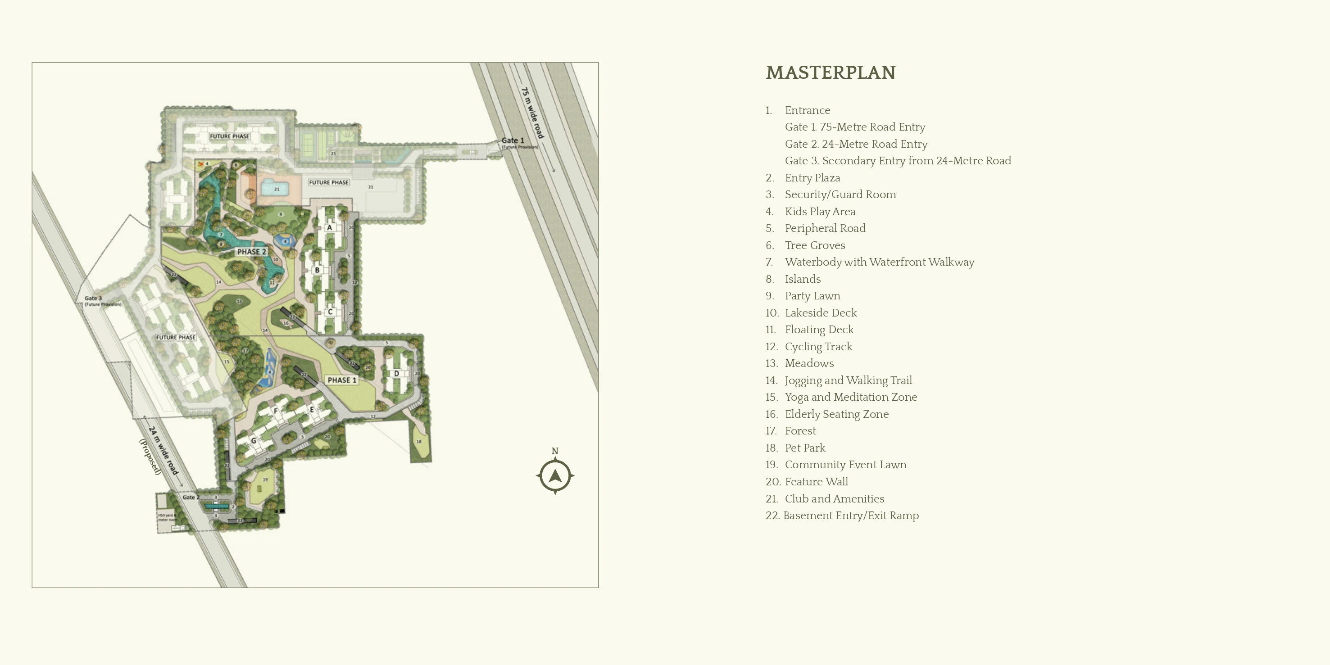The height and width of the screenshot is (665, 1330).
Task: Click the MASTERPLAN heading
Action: click(x=830, y=73)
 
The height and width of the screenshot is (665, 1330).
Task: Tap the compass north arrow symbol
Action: click(x=555, y=475)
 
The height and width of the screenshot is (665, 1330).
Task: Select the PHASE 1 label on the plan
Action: click(x=342, y=380)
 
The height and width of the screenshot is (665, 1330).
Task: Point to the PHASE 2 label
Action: click(x=251, y=251)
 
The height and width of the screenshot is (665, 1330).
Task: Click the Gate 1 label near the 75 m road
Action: click(x=513, y=140)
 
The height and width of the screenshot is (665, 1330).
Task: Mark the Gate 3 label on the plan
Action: click(x=93, y=298)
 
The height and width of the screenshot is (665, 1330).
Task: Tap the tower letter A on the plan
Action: click(x=329, y=227)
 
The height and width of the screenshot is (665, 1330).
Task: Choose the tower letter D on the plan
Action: click(x=396, y=373)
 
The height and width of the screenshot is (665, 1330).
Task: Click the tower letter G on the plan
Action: click(x=254, y=440)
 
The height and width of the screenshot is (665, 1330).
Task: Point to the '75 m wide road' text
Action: click(x=533, y=113)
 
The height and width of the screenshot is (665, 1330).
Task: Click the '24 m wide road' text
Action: click(x=163, y=450)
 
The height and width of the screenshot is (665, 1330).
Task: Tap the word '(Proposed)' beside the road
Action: click(x=150, y=457)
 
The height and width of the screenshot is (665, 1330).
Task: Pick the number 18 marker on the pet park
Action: click(x=419, y=441)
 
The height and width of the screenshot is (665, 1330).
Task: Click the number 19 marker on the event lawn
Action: click(x=265, y=480)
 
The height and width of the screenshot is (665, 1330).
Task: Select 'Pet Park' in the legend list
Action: click(x=805, y=448)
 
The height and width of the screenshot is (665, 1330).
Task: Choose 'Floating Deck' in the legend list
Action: click(x=819, y=330)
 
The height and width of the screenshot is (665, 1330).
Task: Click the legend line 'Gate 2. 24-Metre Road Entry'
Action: click(x=856, y=144)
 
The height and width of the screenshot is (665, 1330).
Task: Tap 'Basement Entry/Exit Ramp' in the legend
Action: click(x=850, y=515)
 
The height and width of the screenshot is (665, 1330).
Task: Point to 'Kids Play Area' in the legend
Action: click(x=820, y=212)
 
